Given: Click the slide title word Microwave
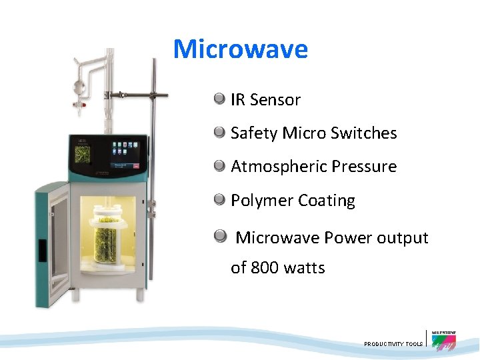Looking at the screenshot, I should tap(240, 49).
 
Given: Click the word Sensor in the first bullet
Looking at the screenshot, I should tap(275, 100).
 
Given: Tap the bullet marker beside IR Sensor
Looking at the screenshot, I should tap(219, 99).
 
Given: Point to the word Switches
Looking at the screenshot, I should tap(363, 133).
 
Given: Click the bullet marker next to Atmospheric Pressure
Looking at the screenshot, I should tap(219, 166).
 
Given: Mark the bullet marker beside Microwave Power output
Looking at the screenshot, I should tap(219, 236).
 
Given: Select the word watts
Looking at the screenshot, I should tap(304, 268).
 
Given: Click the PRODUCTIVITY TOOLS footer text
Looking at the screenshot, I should tap(393, 344).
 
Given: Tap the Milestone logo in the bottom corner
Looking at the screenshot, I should tap(443, 340).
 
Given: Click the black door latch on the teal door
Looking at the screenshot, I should tap(41, 249).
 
